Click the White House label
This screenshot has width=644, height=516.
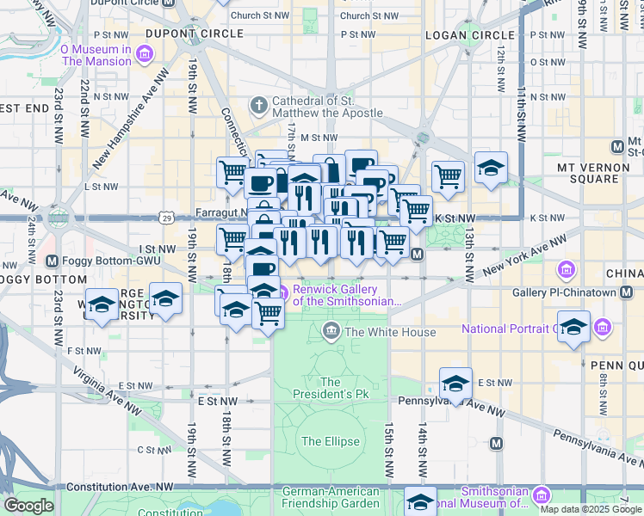click(x=390, y=332)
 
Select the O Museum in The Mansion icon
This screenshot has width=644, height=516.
click(x=144, y=56)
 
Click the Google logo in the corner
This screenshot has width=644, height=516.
click(x=28, y=506)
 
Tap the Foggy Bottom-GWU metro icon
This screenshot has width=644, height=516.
click(x=52, y=261)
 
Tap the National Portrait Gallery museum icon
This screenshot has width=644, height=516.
click(x=602, y=329)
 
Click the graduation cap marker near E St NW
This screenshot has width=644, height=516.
click(x=455, y=384)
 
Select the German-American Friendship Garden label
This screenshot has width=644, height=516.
click(x=331, y=497)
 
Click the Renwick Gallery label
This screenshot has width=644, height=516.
click(x=347, y=295)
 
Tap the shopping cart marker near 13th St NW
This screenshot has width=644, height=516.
click(x=448, y=177)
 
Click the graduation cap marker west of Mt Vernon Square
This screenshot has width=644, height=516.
click(x=491, y=168)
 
